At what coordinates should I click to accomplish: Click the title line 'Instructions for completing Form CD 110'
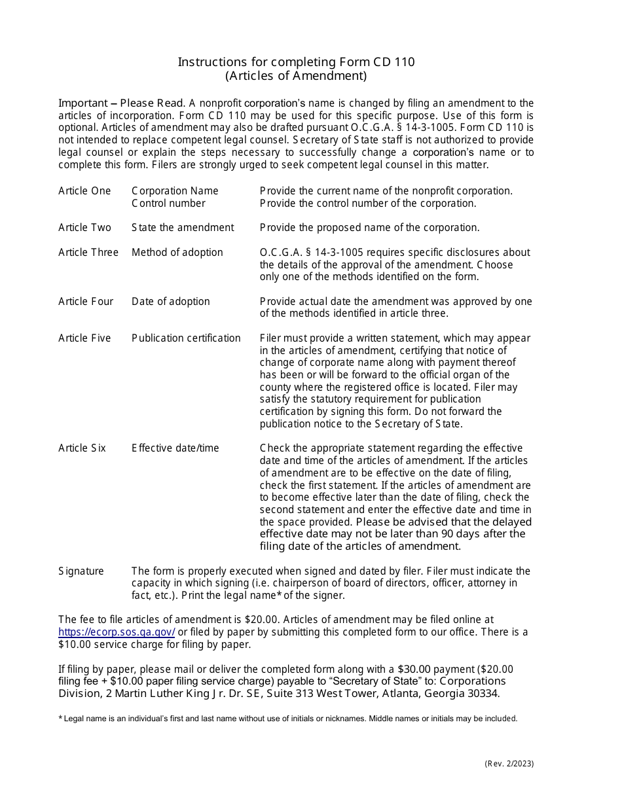coord(296,62)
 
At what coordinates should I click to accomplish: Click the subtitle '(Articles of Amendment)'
coord(296,75)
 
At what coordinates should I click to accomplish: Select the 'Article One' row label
coord(84,191)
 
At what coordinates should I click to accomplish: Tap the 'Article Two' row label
coord(84,228)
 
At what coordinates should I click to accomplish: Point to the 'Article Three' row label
coord(88,253)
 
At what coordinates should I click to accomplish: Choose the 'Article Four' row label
coord(86,302)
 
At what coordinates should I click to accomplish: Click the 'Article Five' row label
coord(84,338)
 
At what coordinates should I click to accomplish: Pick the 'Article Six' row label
coord(82,448)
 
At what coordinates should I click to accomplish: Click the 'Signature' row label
coord(81,571)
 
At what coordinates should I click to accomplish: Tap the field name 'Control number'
coord(168,204)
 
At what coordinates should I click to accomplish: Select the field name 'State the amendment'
coord(183,228)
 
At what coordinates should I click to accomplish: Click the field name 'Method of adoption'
coord(177,253)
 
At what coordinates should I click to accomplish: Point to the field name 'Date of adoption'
coord(171,302)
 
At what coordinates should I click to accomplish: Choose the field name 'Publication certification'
coord(186,338)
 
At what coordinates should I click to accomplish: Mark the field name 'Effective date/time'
coord(175,448)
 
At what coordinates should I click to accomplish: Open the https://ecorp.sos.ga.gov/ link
coord(117,632)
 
